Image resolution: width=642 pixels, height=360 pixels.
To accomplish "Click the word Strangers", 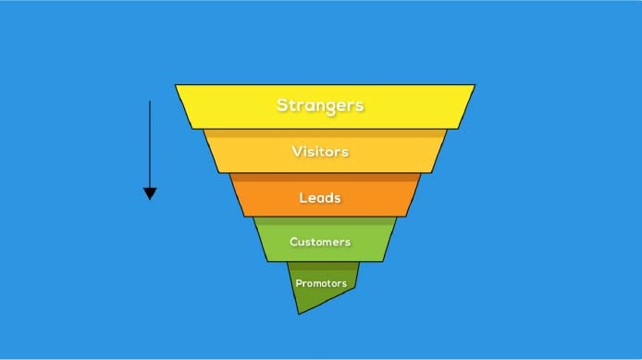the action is coord(320,105).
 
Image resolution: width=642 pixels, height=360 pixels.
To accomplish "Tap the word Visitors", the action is coord(320,151).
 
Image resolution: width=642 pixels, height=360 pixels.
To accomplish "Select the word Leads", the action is coord(320,197).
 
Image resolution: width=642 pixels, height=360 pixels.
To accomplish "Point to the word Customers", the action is coord(320,242).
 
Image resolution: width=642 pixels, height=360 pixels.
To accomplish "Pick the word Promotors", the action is coord(320,282).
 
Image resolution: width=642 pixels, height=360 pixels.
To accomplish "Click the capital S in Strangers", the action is coord(283,105).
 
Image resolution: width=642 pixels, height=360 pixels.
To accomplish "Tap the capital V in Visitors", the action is coord(296,151).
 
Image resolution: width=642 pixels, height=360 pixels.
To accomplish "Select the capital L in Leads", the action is coord(302,197).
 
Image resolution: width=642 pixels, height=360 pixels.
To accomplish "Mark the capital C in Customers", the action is coord(293,242).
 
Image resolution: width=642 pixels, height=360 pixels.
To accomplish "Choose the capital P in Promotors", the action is coord(299,282).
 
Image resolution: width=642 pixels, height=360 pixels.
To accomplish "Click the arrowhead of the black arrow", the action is coord(150,193).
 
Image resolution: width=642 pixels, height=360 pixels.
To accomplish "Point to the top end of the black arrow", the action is coord(150,101).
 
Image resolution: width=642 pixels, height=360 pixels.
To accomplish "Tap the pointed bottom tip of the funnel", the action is coord(299,313).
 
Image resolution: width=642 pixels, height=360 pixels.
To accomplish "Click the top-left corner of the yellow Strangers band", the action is coord(176,86).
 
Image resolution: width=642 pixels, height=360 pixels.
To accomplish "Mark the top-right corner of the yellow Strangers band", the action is coord(475,85).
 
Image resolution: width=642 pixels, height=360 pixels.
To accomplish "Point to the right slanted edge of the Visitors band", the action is coord(439,151).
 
